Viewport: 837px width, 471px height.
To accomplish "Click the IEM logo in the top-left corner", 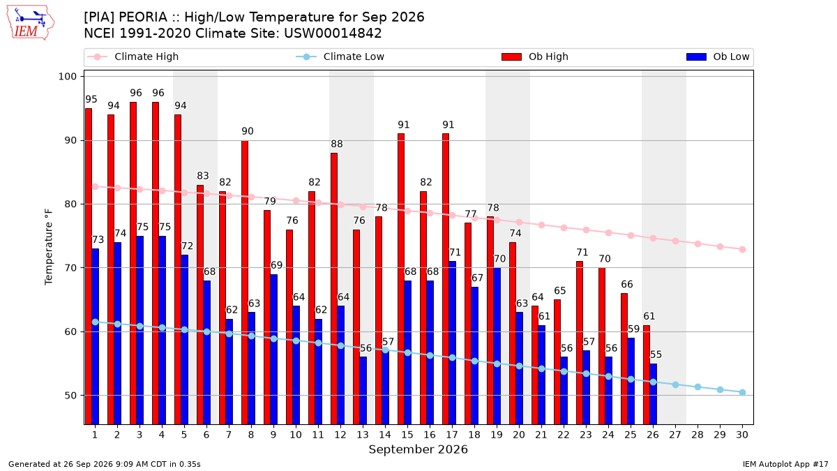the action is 31,23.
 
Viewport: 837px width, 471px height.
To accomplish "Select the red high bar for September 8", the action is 245,283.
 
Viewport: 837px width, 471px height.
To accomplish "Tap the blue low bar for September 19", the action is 497,346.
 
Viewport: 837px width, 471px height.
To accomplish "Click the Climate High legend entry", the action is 133,57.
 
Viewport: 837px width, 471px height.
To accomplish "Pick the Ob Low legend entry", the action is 718,57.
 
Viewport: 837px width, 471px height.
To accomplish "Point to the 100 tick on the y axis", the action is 67,77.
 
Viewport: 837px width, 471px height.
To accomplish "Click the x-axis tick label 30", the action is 742,435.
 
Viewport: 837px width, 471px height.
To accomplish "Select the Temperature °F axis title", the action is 49,247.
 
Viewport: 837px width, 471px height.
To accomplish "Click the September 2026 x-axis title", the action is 418,449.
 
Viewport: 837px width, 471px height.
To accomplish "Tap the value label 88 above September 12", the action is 337,144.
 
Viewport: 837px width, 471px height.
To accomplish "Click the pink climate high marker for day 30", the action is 742,249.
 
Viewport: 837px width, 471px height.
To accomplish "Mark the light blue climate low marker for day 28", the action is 697,387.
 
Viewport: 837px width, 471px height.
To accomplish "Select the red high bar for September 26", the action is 647,375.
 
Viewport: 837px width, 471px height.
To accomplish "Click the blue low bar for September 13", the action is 363,391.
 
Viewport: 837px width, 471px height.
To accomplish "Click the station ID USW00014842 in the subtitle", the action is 333,33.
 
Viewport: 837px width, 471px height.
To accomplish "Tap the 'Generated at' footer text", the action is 105,464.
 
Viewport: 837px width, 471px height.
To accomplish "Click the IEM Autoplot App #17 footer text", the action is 785,464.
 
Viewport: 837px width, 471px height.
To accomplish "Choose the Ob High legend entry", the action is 535,57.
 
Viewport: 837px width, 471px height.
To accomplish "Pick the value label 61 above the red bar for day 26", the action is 649,316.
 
